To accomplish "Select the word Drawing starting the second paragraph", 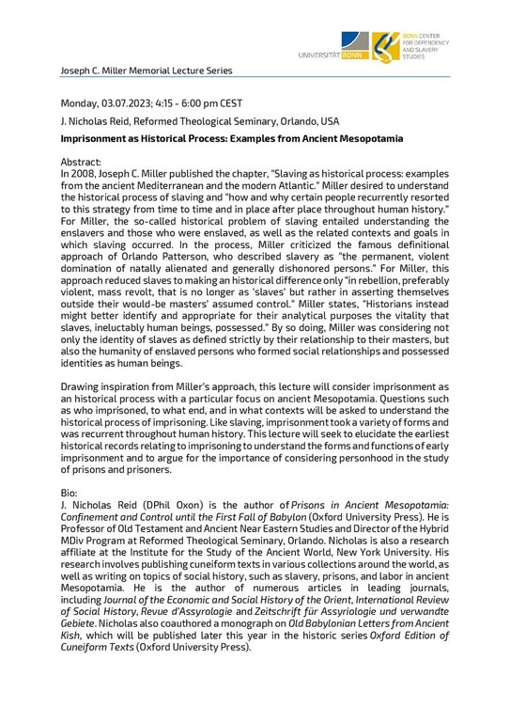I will [x=83, y=389].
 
